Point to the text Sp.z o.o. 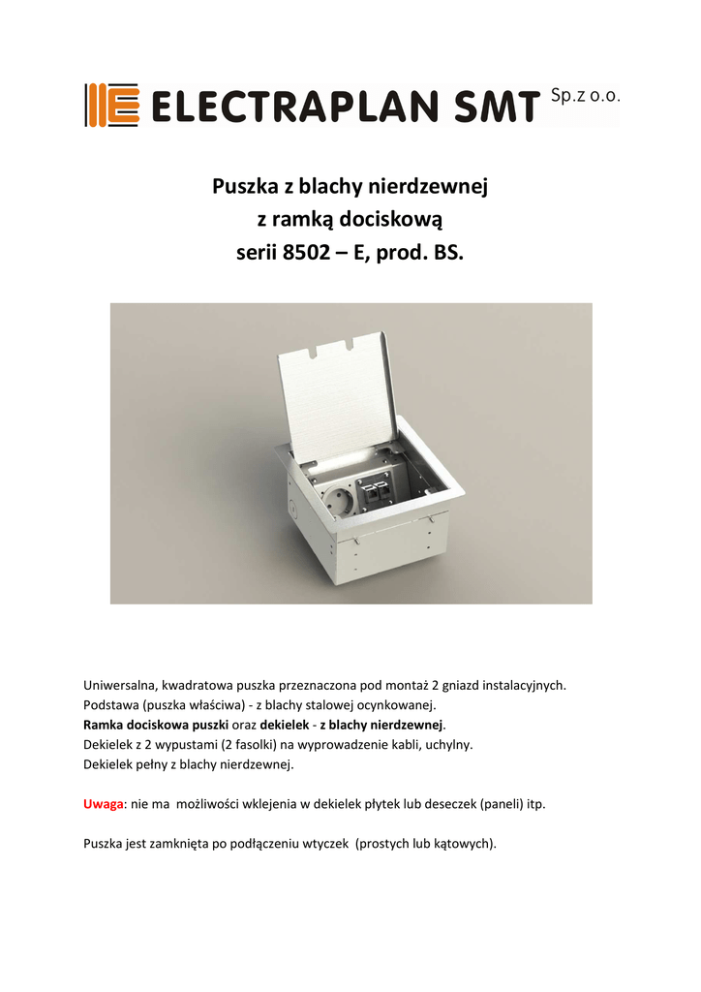[584, 96]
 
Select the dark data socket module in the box [376, 491]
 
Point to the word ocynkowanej [396, 705]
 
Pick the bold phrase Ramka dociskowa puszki [156, 725]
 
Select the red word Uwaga [104, 804]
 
